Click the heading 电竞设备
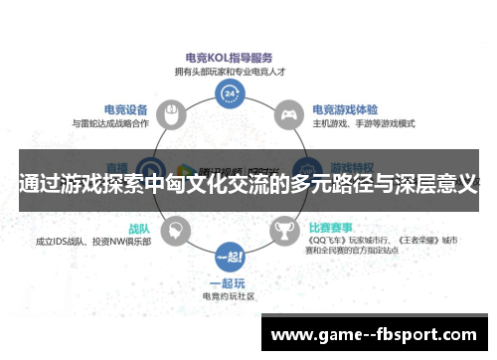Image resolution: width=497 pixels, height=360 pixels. tap(125, 109)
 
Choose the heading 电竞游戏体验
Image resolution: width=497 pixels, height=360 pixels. tap(344, 110)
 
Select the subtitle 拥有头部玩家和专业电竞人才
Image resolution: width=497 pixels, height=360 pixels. tap(230, 71)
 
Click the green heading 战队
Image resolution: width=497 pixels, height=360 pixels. tap(138, 228)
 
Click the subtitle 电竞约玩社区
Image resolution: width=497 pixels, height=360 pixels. tap(230, 296)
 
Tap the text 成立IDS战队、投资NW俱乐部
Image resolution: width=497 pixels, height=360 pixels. tap(93, 242)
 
